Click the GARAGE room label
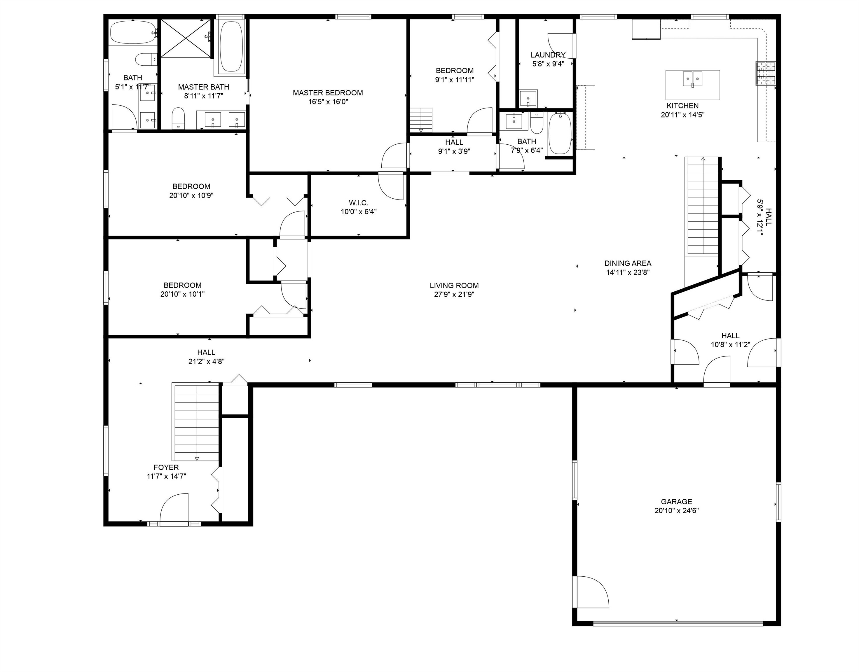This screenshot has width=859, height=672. pyautogui.click(x=676, y=502)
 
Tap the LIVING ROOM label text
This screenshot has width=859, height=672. pyautogui.click(x=454, y=286)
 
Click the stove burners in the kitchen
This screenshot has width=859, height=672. pyautogui.click(x=765, y=73)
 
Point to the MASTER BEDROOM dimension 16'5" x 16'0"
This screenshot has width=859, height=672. pyautogui.click(x=328, y=102)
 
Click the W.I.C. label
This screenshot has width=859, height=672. pyautogui.click(x=359, y=203)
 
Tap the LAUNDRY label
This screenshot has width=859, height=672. pyautogui.click(x=548, y=55)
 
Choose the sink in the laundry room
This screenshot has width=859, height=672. pyautogui.click(x=528, y=98)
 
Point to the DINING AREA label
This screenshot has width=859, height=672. pyautogui.click(x=628, y=263)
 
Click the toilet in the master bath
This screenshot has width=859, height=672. pyautogui.click(x=178, y=118)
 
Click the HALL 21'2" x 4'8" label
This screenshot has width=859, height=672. pyautogui.click(x=206, y=357)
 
